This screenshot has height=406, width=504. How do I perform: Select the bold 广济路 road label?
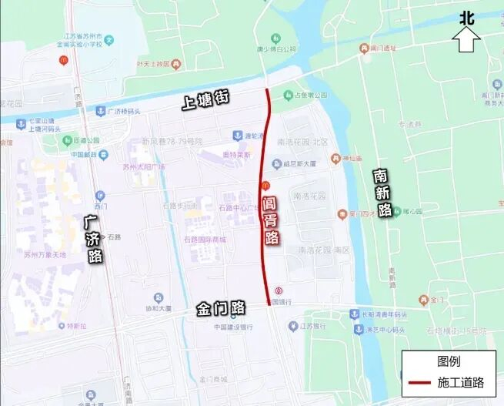[x=94, y=237]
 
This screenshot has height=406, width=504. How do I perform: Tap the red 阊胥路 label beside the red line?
[x=269, y=220]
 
